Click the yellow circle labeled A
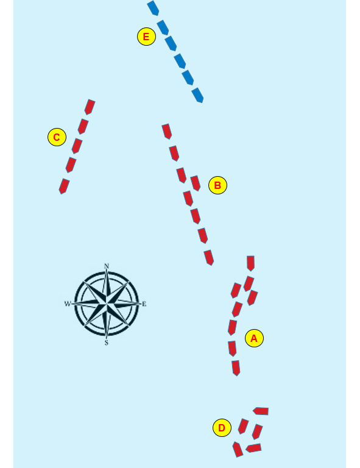(x=254, y=338)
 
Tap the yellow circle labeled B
(x=217, y=185)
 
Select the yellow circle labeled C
(x=57, y=137)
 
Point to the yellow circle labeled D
(x=222, y=428)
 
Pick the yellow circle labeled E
(x=146, y=37)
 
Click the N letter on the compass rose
(x=107, y=266)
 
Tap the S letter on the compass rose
(x=107, y=343)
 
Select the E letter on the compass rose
(x=144, y=304)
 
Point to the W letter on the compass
(x=68, y=304)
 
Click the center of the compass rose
(x=107, y=304)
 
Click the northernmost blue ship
(x=153, y=8)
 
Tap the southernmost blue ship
(x=197, y=95)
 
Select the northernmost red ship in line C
(x=90, y=107)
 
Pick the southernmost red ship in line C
(x=64, y=186)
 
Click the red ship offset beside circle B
(x=196, y=183)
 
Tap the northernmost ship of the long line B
(x=167, y=132)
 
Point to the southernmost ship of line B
(x=209, y=258)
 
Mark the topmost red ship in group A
(x=250, y=263)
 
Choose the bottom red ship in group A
(x=236, y=368)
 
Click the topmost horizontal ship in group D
(x=261, y=411)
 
